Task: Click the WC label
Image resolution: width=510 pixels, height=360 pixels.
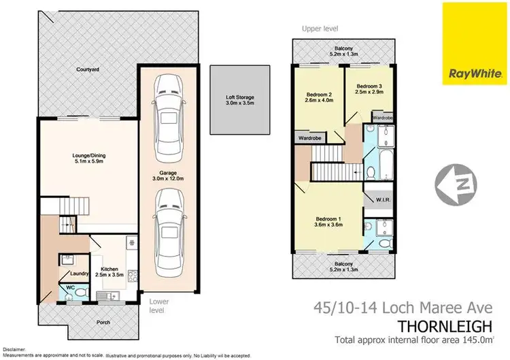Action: (x=69, y=288)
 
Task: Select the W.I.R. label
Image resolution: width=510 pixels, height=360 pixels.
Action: (x=381, y=199)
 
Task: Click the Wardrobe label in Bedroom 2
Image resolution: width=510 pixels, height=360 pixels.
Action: (x=307, y=137)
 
